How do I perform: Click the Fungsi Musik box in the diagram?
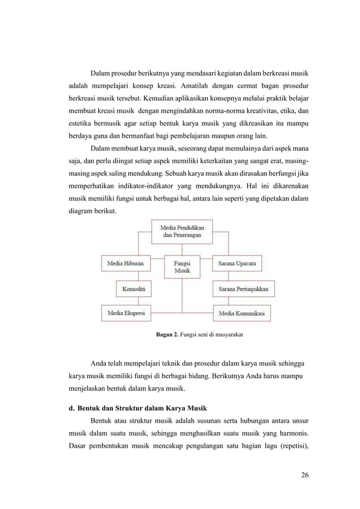tap(182, 266)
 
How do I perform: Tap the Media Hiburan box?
tap(126, 262)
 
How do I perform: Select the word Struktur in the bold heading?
tap(124, 408)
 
